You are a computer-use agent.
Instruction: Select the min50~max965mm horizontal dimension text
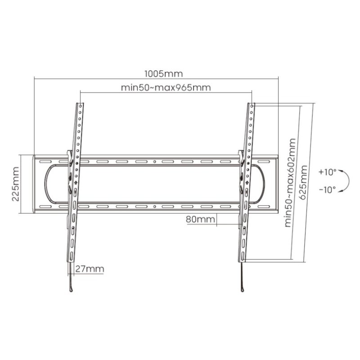[166, 87]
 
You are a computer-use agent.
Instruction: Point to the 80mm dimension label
[199, 220]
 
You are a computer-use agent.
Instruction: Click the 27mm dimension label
[90, 269]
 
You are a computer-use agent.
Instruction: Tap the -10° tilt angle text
[327, 189]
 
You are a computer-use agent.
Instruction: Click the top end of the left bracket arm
[80, 104]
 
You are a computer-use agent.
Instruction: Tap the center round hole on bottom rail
[154, 207]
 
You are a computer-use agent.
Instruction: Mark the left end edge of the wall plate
[34, 184]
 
